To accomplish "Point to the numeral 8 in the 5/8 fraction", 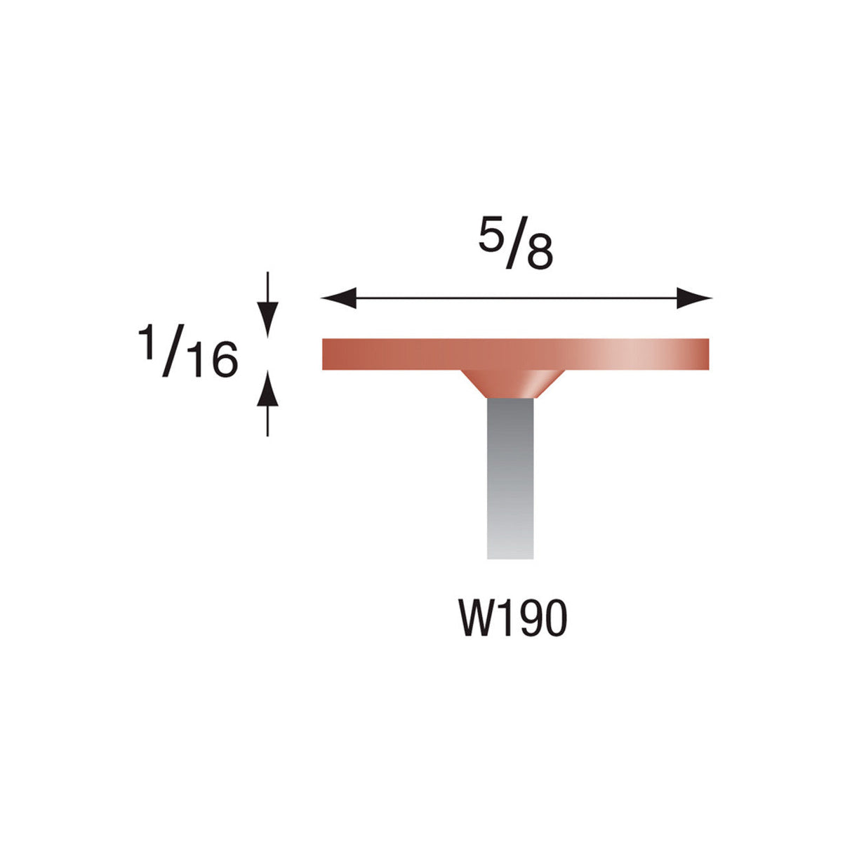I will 540,254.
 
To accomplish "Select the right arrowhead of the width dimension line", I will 695,298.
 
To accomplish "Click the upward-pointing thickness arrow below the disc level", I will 267,390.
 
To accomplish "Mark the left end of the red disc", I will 326,354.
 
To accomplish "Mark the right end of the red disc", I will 705,354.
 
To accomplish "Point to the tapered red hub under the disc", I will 511,383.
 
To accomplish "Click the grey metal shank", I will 510,477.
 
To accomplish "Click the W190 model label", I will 512,619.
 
